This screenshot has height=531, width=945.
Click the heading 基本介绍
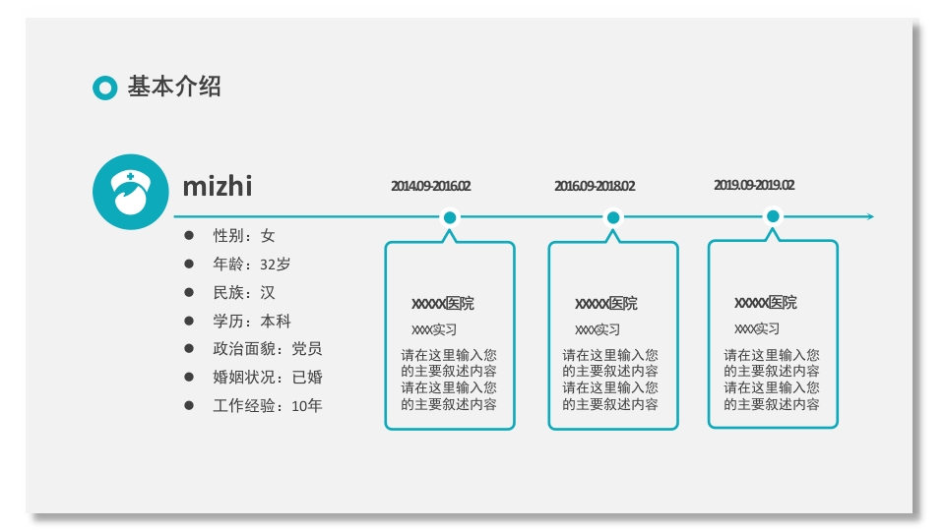174,87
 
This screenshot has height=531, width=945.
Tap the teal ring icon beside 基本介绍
104,88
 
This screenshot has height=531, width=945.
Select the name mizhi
218,186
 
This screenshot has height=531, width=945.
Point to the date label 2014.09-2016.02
430,186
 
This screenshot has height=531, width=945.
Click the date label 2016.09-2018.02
595,186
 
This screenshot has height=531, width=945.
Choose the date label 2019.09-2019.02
754,185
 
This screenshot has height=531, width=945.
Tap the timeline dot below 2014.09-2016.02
450,217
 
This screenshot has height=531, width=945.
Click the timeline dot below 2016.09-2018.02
613,217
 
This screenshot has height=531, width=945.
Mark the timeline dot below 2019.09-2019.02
773,216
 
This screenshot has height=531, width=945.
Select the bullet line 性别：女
244,236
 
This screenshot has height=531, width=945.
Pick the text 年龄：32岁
252,265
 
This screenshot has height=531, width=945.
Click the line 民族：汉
244,293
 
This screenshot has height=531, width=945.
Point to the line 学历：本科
252,322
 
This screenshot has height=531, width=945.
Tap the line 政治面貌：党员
267,349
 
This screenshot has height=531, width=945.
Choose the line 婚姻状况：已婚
267,378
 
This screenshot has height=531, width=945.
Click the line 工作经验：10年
267,405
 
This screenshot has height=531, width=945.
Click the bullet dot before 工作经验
189,405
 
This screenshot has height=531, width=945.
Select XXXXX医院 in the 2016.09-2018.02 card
605,303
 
